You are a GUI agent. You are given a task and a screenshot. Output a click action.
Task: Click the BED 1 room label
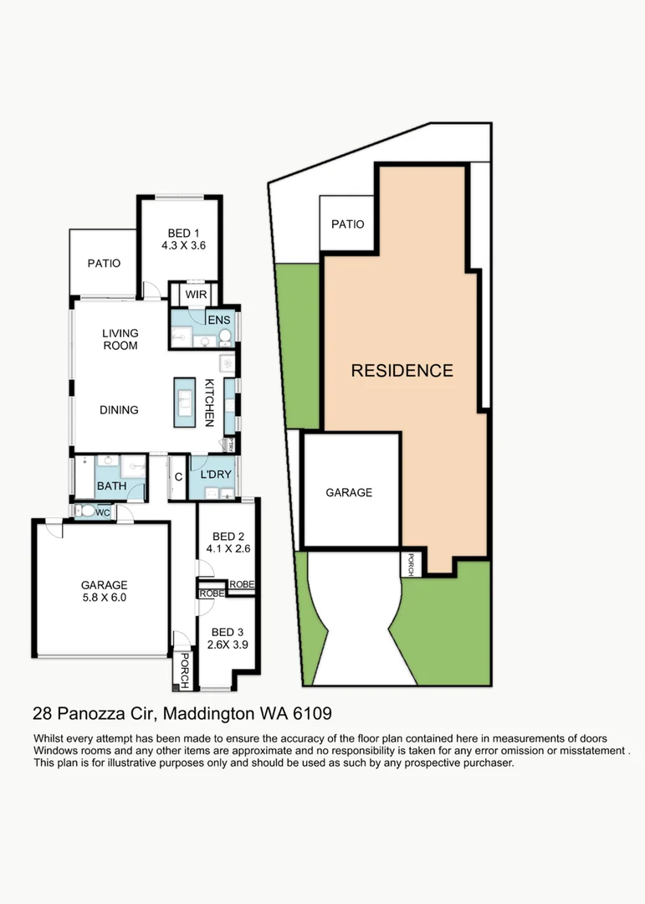click(x=183, y=234)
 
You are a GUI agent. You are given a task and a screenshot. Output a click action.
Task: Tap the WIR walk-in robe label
click(x=196, y=295)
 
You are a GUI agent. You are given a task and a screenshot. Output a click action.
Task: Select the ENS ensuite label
click(x=219, y=320)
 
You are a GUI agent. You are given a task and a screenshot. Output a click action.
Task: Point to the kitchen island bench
click(x=184, y=403)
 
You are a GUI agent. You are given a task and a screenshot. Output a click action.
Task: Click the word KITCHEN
click(x=210, y=403)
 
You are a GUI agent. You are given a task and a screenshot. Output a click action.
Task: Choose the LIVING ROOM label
click(x=120, y=340)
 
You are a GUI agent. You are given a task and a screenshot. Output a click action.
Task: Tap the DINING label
click(x=119, y=410)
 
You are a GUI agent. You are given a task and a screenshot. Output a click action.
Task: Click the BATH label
click(x=111, y=486)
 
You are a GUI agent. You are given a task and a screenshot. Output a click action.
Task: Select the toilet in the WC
click(x=87, y=511)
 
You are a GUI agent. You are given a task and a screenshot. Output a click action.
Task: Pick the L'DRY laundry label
click(x=216, y=475)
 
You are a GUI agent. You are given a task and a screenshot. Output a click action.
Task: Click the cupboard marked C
click(x=178, y=477)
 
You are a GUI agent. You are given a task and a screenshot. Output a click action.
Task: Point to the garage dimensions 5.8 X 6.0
click(x=105, y=598)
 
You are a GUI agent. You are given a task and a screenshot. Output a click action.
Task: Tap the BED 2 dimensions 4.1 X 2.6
click(x=228, y=549)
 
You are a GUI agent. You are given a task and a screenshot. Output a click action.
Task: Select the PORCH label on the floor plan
click(x=184, y=670)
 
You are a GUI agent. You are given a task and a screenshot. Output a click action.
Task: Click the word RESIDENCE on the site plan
click(x=402, y=371)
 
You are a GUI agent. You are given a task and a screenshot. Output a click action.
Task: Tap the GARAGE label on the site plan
click(x=349, y=492)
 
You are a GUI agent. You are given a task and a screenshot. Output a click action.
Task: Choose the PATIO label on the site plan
click(x=347, y=224)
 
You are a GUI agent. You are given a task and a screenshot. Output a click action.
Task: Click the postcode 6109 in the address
click(x=312, y=714)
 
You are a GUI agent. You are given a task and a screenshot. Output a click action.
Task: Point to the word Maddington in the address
click(x=208, y=714)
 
